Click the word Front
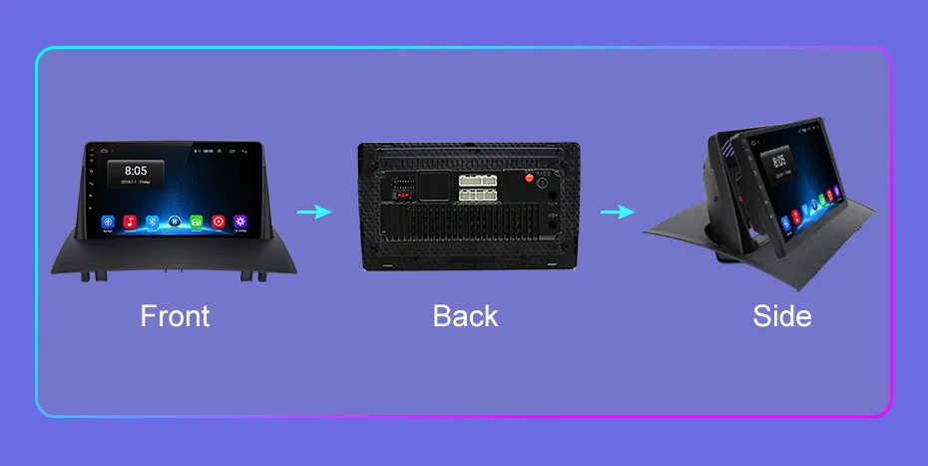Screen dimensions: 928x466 (x=175, y=316)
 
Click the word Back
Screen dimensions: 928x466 (x=464, y=316)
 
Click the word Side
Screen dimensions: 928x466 (x=781, y=316)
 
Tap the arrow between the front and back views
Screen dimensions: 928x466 (x=314, y=212)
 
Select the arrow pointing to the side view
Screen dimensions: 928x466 (x=618, y=212)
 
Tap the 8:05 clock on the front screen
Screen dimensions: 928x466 (x=135, y=171)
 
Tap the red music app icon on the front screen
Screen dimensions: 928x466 (x=130, y=221)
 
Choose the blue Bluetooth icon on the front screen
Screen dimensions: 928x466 (x=152, y=221)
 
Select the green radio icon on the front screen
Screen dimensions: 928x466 (x=197, y=221)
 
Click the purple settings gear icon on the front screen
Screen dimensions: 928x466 (x=239, y=221)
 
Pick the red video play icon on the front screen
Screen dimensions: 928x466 (x=218, y=221)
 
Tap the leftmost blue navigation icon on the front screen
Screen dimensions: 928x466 (x=108, y=221)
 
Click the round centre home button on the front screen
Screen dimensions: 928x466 (x=175, y=221)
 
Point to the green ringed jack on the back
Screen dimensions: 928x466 (x=544, y=183)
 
